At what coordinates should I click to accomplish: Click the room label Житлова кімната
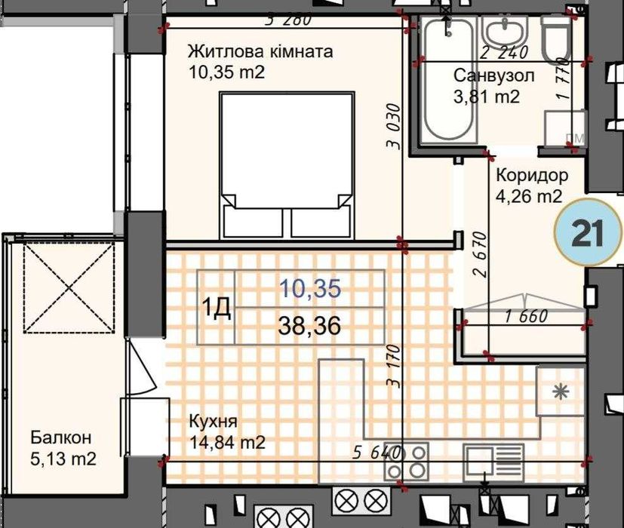click(260, 52)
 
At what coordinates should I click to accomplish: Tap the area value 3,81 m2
click(487, 97)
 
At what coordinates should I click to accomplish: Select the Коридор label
click(532, 176)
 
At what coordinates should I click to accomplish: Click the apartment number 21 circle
click(587, 232)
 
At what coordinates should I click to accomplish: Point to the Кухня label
click(213, 422)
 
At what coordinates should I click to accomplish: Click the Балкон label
click(61, 437)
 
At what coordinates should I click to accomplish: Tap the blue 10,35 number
click(310, 288)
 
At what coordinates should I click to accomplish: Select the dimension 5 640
click(376, 453)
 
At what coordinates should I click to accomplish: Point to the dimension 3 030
click(393, 126)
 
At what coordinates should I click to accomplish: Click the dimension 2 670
click(480, 254)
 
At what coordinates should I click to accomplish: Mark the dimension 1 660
click(526, 317)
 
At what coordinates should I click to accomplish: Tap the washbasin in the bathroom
click(504, 32)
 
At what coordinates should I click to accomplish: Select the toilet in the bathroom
click(556, 40)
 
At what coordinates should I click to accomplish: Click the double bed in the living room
click(287, 165)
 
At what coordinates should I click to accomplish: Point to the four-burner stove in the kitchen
click(406, 462)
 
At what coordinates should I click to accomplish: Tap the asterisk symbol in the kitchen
click(561, 393)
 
